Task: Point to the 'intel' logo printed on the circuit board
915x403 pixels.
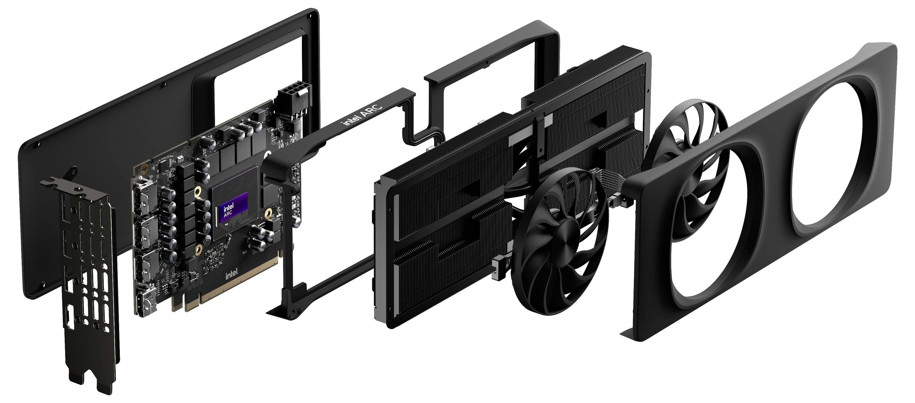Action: pyautogui.click(x=231, y=275)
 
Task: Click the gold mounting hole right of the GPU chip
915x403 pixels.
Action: pyautogui.click(x=269, y=212)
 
